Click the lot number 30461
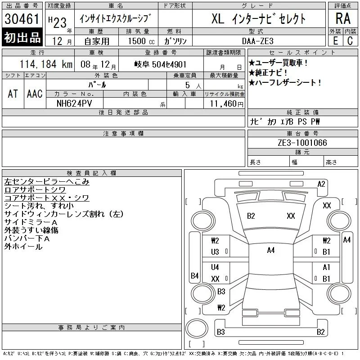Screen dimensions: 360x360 22,19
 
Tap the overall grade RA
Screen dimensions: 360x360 343,18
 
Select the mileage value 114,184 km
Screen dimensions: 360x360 46,64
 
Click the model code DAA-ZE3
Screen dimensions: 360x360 257,41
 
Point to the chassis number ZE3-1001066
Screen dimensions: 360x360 302,143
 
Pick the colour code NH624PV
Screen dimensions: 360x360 74,103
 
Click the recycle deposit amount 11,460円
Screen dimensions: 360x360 226,104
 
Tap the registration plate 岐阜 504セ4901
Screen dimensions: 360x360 160,64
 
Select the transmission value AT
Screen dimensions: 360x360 13,94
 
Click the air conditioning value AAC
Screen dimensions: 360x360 35,94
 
